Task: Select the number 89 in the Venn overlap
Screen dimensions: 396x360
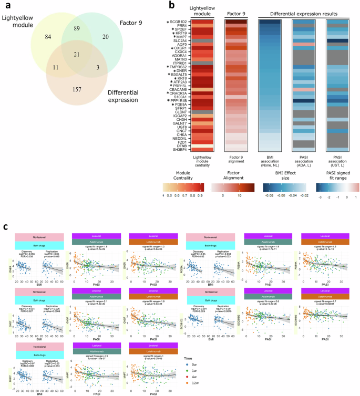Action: tap(77, 27)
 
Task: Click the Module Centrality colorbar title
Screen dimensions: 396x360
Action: tap(180, 176)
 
